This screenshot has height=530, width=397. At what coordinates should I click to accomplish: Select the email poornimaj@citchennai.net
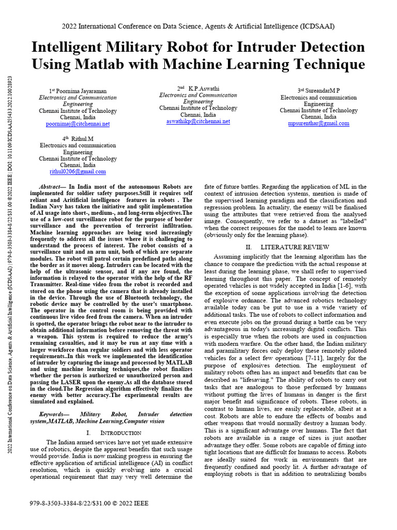(78, 124)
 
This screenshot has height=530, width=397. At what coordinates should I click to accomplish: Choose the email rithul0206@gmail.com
(78, 172)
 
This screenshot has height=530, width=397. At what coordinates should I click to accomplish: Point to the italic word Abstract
(51, 187)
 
